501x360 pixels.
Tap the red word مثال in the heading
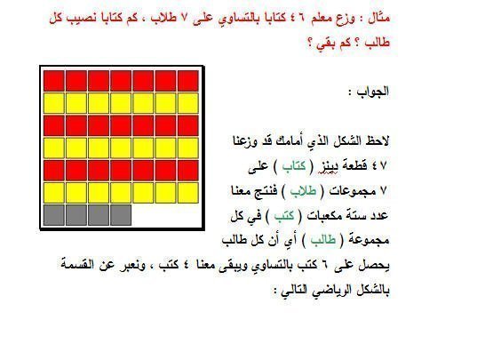[379, 18]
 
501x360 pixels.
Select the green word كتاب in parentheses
[294, 165]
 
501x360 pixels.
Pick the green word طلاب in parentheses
[303, 190]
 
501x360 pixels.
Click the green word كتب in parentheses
[284, 215]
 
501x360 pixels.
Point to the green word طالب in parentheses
[323, 240]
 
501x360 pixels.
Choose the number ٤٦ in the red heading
[297, 18]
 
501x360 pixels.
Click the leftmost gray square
[53, 215]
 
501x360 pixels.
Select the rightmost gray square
[121, 215]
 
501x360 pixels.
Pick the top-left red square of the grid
[53, 81]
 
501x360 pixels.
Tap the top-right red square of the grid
[188, 81]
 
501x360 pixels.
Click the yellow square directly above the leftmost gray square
[53, 193]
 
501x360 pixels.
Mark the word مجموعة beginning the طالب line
[369, 240]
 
